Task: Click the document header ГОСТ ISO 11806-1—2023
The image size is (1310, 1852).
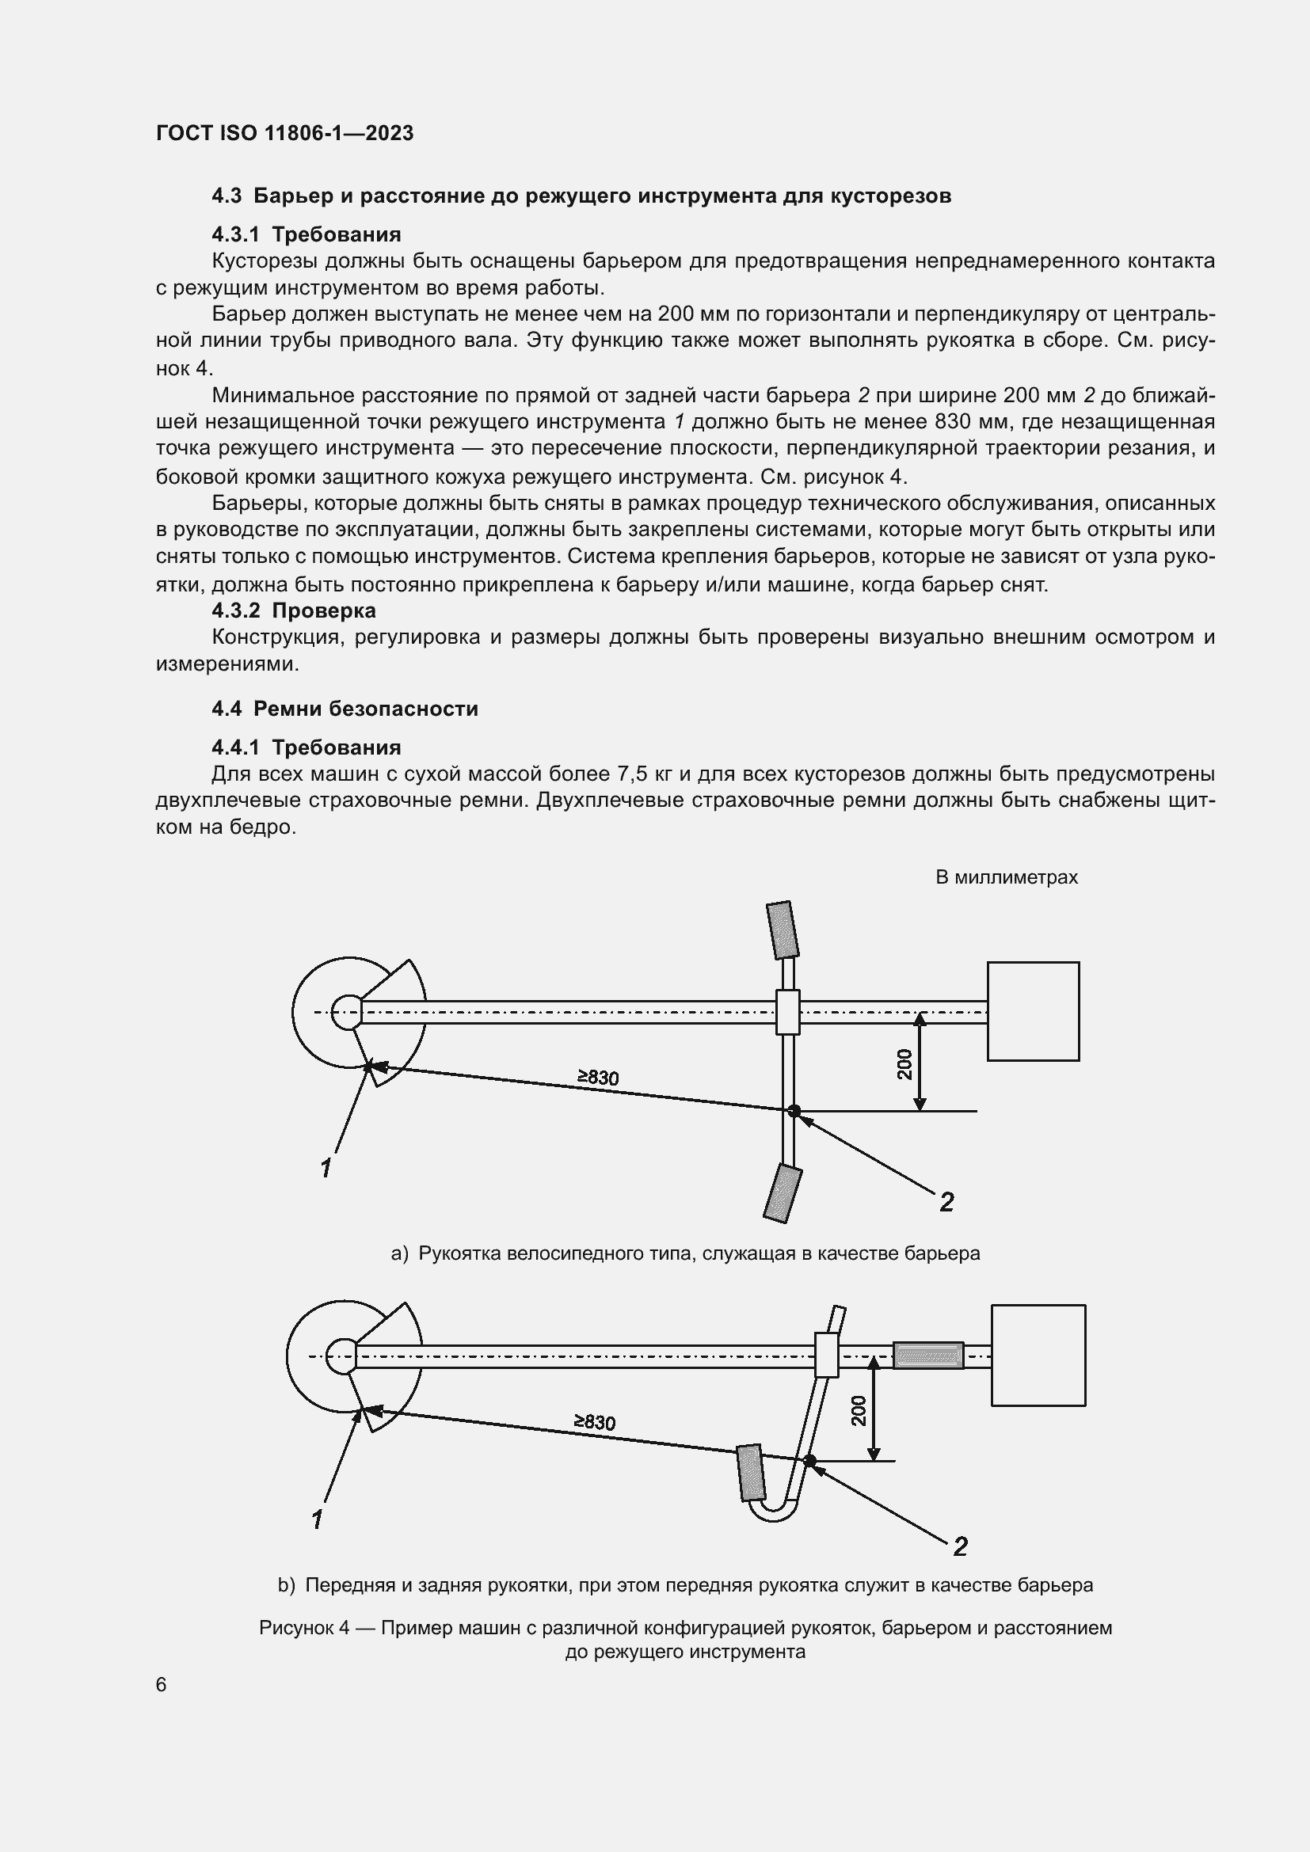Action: (x=284, y=133)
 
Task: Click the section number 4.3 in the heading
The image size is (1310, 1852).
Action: (x=227, y=196)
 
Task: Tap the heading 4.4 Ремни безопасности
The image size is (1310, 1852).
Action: (x=345, y=708)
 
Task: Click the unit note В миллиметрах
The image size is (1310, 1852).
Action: (x=1006, y=877)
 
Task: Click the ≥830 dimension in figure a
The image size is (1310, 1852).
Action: (x=598, y=1077)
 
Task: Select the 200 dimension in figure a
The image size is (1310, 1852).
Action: (x=904, y=1064)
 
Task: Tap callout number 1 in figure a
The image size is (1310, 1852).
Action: (x=326, y=1168)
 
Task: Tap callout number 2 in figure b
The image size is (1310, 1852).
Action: (x=960, y=1546)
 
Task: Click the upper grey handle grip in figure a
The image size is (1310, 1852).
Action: (x=782, y=930)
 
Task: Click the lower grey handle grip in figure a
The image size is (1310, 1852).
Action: (x=782, y=1193)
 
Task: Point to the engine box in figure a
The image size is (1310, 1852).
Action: (x=1033, y=1010)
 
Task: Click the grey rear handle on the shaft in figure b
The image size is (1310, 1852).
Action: (x=927, y=1355)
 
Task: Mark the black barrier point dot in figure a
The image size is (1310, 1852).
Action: (x=794, y=1111)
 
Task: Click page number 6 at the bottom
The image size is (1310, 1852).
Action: (x=162, y=1685)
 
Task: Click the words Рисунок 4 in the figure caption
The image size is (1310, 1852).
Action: (x=304, y=1628)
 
